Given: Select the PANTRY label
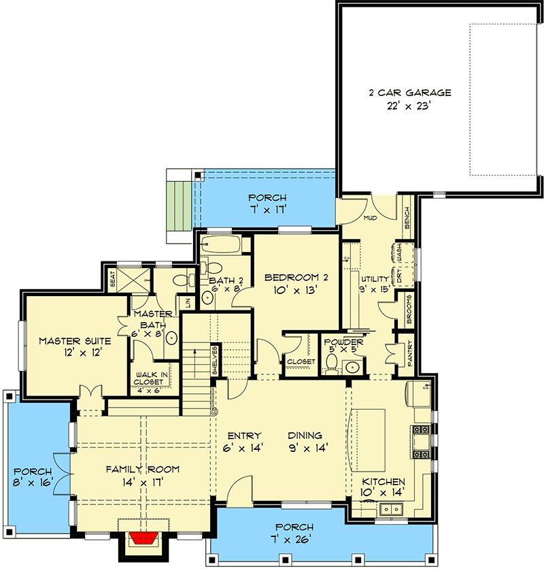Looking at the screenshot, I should coord(410,355).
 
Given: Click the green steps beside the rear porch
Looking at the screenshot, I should coord(180,204).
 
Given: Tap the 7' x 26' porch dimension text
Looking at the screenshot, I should coord(294,540).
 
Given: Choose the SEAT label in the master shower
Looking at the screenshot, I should coord(114,279).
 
